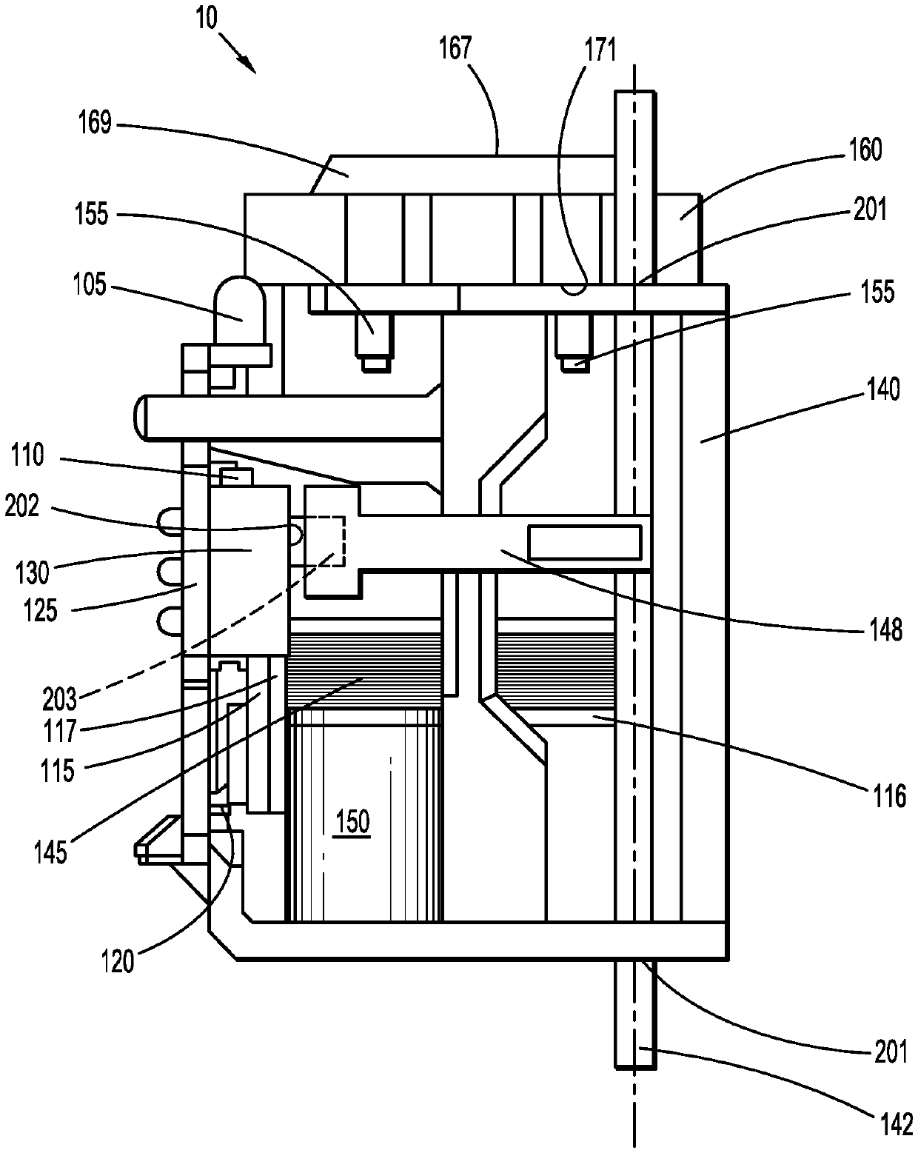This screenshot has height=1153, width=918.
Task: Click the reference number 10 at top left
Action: point(207,19)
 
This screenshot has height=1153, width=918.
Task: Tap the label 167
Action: point(456,48)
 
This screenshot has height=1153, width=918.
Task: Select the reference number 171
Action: point(600,50)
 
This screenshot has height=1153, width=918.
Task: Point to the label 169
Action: point(96,123)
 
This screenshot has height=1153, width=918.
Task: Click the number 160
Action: point(865,150)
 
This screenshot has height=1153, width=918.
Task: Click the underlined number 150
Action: point(353,821)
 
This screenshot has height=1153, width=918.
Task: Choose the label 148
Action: point(885,630)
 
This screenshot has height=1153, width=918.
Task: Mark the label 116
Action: point(890,796)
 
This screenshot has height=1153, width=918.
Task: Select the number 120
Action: point(118,961)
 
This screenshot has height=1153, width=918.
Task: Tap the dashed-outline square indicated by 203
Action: point(324,541)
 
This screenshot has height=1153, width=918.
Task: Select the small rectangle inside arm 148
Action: point(585,542)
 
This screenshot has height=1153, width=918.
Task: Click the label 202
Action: point(22,506)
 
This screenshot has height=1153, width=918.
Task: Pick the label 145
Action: point(51,852)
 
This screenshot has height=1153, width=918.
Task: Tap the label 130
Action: point(33,572)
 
